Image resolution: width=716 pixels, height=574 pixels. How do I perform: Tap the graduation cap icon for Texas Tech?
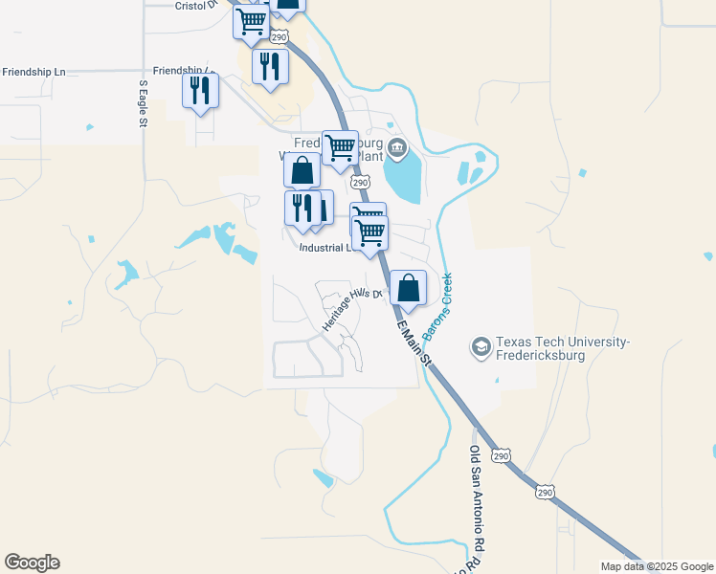481,345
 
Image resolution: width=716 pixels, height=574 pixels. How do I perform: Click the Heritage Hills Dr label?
351,309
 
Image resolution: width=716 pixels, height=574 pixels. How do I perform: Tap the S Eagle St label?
143,102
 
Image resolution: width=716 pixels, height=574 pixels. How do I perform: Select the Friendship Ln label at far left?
34,72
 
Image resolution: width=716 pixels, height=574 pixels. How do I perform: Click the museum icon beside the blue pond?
398,147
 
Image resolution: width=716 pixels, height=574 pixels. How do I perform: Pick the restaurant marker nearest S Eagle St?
201,91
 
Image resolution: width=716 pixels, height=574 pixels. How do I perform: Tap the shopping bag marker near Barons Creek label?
408,289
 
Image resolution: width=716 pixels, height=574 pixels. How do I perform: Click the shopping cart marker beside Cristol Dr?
252,20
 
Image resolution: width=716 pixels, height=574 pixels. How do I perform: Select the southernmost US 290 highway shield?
545,492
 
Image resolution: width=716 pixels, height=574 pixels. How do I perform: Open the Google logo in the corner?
32,563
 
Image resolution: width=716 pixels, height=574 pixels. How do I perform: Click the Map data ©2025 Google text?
656,566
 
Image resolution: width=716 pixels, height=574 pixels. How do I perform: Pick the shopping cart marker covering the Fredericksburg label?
340,148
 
